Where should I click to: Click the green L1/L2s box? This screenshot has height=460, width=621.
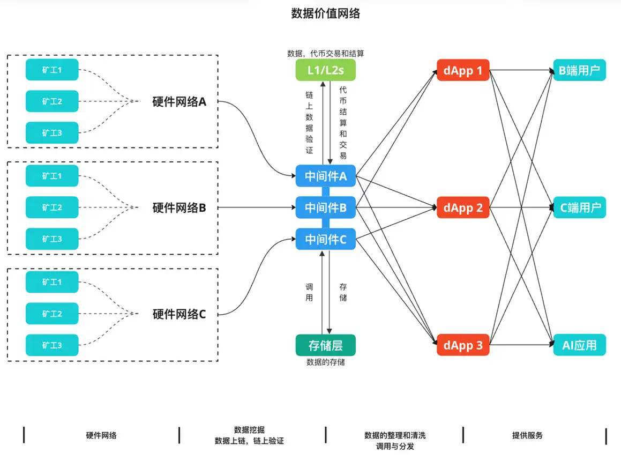pos(326,70)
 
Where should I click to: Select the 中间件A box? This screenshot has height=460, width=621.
pos(326,176)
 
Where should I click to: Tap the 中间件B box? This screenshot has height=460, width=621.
pos(326,207)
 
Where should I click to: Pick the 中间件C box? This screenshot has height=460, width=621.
pos(326,239)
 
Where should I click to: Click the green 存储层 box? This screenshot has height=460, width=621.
pos(326,345)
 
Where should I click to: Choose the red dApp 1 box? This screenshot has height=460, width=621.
pos(463,70)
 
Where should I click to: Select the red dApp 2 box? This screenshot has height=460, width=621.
pos(463,207)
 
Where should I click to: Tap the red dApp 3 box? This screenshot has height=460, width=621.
pos(463,345)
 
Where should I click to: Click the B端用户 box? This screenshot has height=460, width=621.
pos(579,70)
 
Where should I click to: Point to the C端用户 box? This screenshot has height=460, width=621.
pos(579,207)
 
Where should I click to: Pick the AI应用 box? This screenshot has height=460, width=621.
pos(579,345)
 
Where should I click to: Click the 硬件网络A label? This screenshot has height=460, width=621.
pos(179,102)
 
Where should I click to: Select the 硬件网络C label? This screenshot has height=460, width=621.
pos(179,314)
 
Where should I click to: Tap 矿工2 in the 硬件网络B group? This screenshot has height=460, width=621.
pos(52,207)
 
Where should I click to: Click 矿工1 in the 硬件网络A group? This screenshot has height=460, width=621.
pos(52,70)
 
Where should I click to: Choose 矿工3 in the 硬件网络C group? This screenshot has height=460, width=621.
pos(52,345)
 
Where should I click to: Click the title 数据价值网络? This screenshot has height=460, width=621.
pos(326,13)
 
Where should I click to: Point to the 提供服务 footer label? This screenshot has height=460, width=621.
pos(527,435)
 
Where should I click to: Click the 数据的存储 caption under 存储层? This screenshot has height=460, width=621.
pos(326,362)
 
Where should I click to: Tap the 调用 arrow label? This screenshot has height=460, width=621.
pos(309,292)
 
